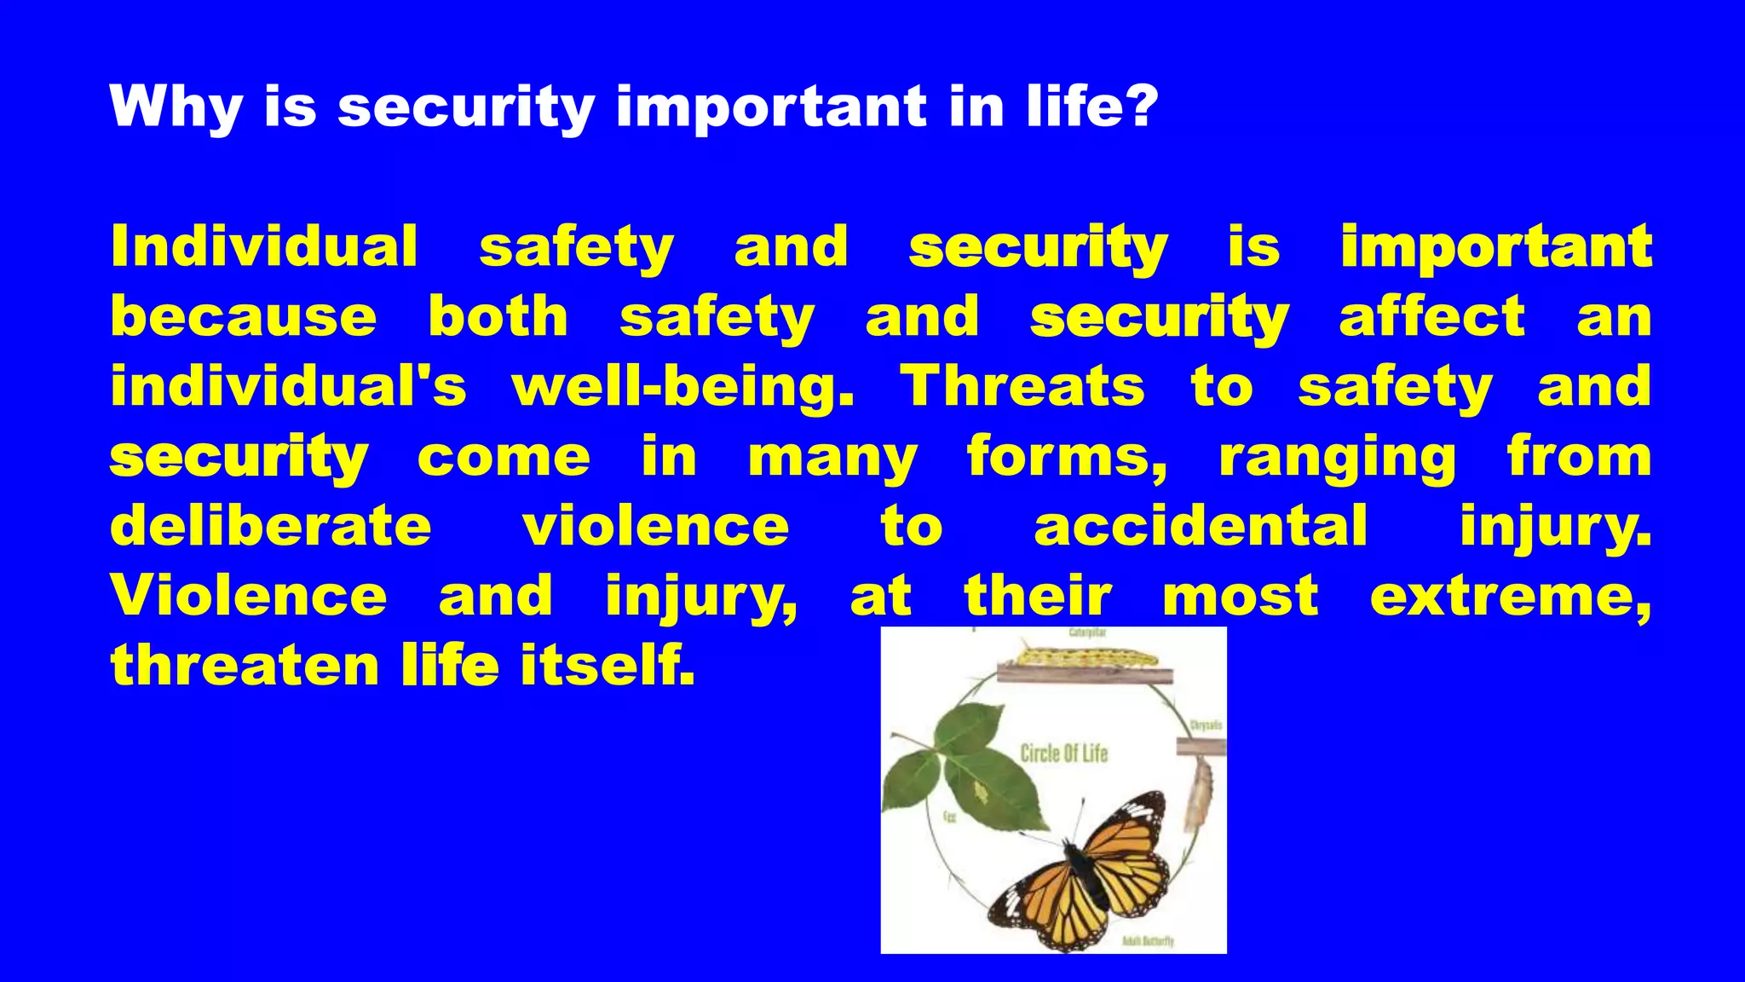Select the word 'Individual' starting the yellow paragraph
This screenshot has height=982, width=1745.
pos(264,247)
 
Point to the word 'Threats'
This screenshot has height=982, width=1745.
pos(1022,385)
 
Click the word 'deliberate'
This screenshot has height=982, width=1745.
pos(271,525)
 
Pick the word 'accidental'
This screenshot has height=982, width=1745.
pos(1201,525)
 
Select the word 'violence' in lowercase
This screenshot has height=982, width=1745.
pos(655,525)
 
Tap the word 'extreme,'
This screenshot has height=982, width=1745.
pos(1510,597)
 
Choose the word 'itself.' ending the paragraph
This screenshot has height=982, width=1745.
pos(608,665)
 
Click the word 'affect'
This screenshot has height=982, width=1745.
pos(1431,317)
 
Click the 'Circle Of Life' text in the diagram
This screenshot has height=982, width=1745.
pos(1063,754)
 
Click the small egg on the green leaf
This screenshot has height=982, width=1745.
pos(981,793)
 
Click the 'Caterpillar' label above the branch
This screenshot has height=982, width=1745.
pos(1087,633)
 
